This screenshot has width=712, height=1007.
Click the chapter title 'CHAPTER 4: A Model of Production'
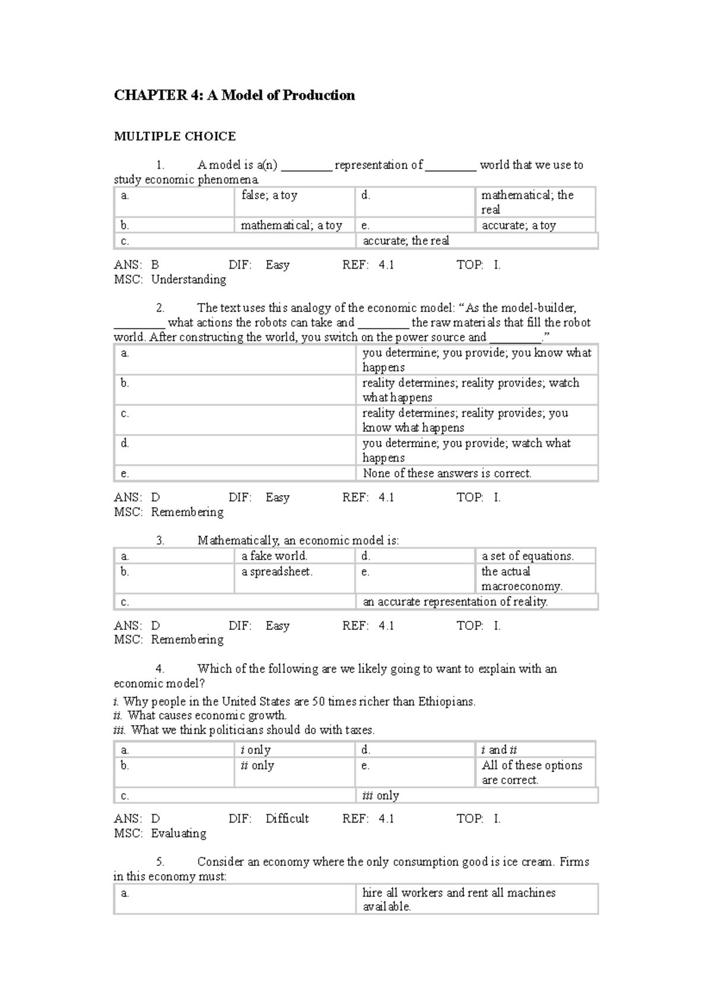coord(234,95)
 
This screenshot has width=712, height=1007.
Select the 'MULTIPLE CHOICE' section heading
coord(174,136)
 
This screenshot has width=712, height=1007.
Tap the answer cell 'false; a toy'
coord(269,195)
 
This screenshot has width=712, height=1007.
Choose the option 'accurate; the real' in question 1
coord(406,241)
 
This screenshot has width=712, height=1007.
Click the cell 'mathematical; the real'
coord(527,202)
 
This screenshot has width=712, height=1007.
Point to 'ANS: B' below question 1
coord(136,265)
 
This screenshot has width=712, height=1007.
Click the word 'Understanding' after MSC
coord(189,279)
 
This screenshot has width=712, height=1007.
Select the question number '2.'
coord(160,308)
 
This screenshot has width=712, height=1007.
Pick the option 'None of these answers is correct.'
coord(447,473)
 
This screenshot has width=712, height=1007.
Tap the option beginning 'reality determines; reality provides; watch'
coord(471,390)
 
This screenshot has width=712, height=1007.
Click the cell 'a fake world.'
coord(274,556)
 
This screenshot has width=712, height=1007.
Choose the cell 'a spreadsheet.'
coord(276,572)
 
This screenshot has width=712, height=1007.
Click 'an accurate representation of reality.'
coord(455,601)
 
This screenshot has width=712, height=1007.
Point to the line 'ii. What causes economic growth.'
coord(200,715)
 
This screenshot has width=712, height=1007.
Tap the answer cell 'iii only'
coord(380,795)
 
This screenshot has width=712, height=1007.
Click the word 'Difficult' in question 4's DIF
coord(287,818)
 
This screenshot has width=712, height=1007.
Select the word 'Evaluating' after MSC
coord(179,833)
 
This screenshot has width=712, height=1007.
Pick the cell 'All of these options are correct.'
coord(532,772)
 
